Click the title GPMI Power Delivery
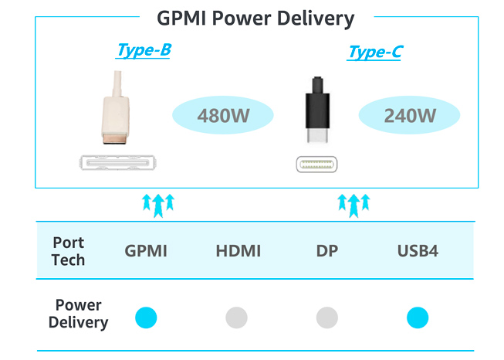(x=255, y=18)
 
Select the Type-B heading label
(x=143, y=51)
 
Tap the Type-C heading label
(x=374, y=52)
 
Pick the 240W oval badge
(x=410, y=117)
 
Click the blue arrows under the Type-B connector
(x=158, y=203)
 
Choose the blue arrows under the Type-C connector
(x=354, y=203)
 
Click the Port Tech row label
(x=68, y=250)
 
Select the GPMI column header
(x=146, y=251)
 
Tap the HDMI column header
(x=238, y=251)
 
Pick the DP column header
(x=326, y=251)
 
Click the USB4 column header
(x=417, y=251)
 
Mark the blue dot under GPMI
(x=146, y=317)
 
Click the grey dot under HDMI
(x=236, y=317)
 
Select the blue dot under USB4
(x=418, y=317)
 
